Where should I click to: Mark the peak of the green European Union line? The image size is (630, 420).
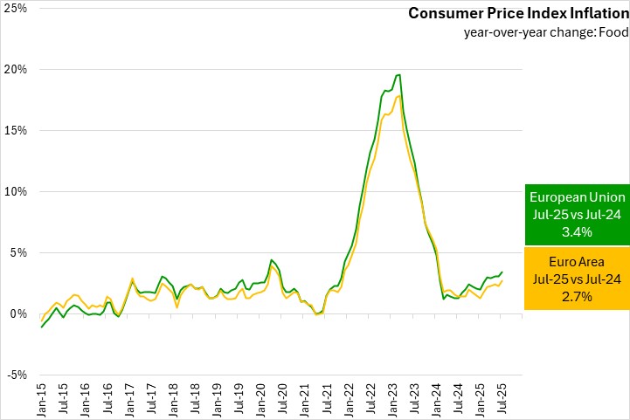click(398, 74)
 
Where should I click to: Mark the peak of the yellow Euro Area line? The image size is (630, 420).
click(398, 96)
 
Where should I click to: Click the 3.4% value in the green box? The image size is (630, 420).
click(577, 232)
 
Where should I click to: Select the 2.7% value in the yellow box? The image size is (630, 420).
click(577, 297)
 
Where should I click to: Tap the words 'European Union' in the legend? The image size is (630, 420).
click(577, 198)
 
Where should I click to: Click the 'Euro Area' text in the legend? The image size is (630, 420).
click(577, 262)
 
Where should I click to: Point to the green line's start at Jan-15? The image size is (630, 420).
click(42, 327)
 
